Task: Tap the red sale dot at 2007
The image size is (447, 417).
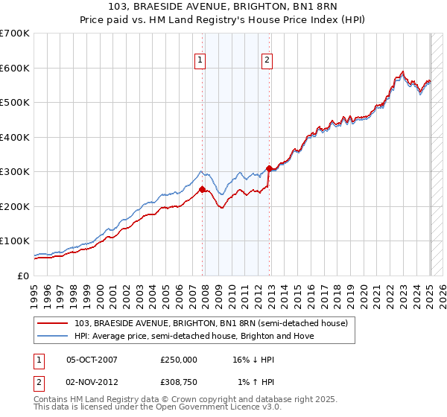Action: tap(202, 189)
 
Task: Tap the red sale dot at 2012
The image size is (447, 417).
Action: tap(269, 168)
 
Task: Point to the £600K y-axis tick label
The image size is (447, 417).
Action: tap(15, 68)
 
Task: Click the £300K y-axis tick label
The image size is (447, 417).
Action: tap(15, 172)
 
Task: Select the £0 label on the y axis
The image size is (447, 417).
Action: tap(24, 276)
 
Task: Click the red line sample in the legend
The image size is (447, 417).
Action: tap(54, 323)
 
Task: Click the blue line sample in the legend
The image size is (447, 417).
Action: tap(54, 336)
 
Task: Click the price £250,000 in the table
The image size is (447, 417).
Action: tap(179, 359)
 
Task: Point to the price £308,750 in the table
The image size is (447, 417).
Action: tap(179, 383)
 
